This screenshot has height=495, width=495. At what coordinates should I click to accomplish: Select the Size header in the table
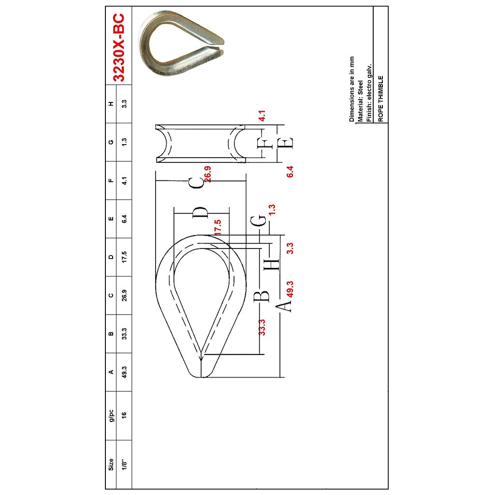(111, 465)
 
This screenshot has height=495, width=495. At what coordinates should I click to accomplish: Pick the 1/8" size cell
(124, 465)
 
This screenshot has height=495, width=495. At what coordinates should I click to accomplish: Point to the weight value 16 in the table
(124, 414)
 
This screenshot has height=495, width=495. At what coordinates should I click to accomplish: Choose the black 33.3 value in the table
(124, 334)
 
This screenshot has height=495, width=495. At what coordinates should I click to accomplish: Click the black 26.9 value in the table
(124, 295)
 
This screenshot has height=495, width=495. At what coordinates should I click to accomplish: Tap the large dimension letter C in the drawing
(196, 183)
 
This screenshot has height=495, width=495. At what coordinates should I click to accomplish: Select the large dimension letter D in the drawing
(200, 213)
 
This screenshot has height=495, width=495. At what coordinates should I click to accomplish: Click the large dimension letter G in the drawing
(260, 220)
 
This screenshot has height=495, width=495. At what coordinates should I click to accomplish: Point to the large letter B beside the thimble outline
(261, 295)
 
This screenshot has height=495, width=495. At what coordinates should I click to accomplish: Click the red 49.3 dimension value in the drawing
(291, 289)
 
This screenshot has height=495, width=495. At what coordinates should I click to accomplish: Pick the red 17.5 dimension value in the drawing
(218, 227)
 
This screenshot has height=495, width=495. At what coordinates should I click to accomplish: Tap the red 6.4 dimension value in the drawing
(290, 172)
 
